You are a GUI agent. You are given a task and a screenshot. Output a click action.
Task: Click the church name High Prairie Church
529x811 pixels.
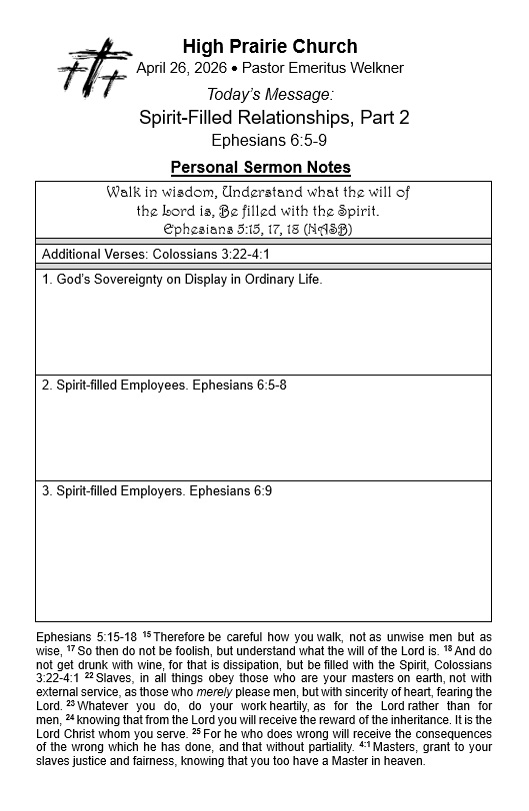[x=269, y=47]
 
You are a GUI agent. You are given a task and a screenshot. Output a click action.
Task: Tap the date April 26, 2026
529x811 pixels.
[x=179, y=68]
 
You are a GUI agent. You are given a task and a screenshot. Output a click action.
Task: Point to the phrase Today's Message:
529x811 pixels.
[x=269, y=94]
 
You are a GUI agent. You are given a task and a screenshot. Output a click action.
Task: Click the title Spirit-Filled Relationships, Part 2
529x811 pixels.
[x=274, y=117]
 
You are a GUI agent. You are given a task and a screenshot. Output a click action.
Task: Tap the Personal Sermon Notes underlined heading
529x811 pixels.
[x=261, y=167]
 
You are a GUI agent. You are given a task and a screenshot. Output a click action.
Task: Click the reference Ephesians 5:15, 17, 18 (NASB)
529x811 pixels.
[x=258, y=229]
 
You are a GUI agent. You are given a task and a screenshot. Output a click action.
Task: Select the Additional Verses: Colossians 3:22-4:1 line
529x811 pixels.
[x=156, y=255]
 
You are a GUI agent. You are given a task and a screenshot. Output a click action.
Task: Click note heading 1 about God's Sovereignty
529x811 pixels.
[x=182, y=280]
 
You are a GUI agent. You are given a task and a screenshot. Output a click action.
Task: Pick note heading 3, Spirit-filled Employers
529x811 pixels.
[x=156, y=490]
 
